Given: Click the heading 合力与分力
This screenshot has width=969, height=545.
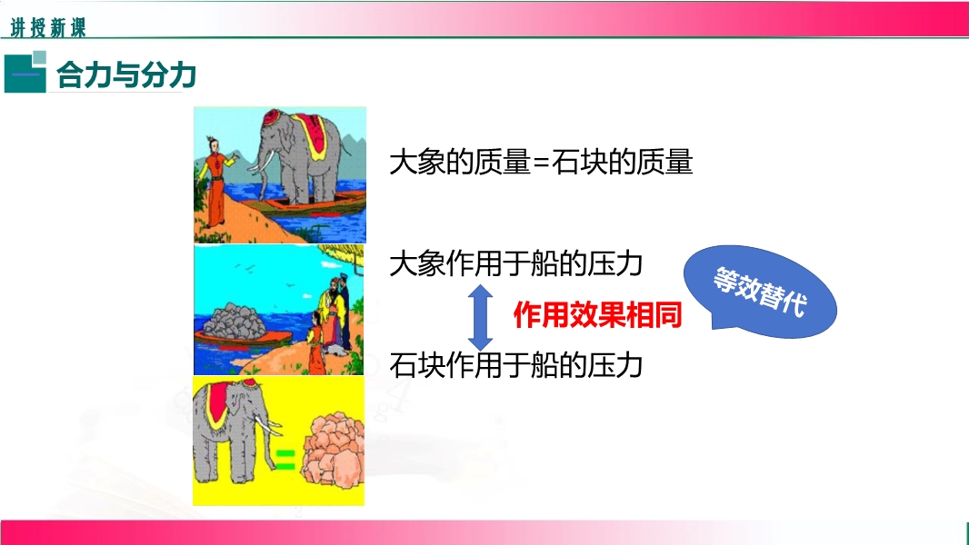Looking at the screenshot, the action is tap(126, 75).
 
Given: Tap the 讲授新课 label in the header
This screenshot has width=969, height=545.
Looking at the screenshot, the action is tap(48, 28).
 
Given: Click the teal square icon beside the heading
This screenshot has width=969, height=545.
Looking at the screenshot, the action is tap(25, 73).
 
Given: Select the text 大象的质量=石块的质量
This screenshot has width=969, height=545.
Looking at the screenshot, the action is tap(541, 163).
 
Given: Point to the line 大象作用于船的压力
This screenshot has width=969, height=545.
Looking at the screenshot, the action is tap(516, 263).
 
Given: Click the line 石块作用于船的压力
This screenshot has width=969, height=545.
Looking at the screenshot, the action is tap(516, 365).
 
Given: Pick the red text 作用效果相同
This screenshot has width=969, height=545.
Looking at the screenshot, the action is tap(597, 315).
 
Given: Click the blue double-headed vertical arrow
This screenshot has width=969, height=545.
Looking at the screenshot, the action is tap(480, 317).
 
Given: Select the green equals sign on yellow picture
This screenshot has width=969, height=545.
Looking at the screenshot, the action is tap(285, 460).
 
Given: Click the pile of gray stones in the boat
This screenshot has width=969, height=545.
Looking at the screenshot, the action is tap(235, 320).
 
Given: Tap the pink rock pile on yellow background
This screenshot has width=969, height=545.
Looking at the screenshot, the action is tap(333, 450).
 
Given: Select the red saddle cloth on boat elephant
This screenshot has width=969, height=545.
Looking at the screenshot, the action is tap(314, 135).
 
